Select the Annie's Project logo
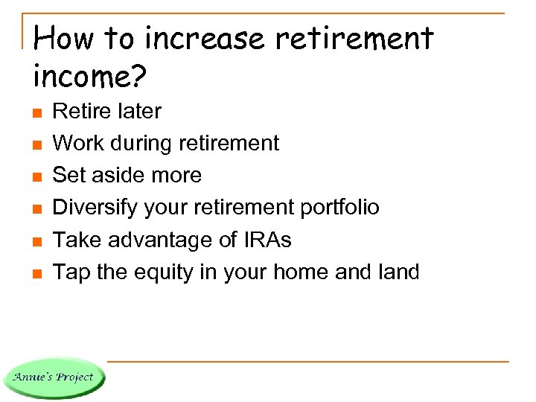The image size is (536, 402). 54,377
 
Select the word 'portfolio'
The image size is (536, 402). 339,208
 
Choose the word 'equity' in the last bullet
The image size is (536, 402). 167,272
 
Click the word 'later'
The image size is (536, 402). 138,112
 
